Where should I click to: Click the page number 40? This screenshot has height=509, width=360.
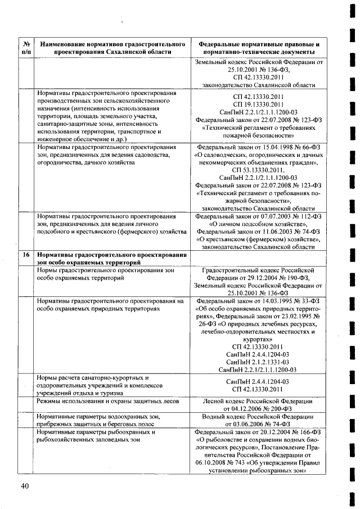[25, 486]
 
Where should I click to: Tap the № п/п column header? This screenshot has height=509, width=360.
[26, 47]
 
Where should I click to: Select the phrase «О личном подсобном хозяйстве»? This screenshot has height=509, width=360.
[259, 223]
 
